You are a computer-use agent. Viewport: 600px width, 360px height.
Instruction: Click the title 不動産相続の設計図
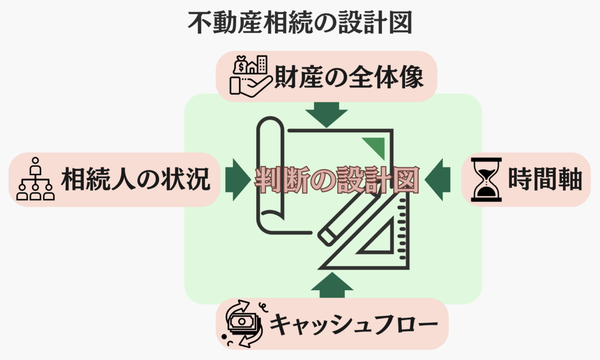click(300, 23)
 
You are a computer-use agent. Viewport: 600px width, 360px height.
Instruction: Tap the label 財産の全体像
click(348, 77)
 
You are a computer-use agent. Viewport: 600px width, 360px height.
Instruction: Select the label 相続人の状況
click(135, 180)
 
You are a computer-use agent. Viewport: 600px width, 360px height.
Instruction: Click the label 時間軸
click(544, 179)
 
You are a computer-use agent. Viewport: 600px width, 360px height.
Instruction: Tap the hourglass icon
click(486, 179)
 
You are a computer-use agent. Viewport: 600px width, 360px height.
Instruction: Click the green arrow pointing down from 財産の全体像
click(326, 114)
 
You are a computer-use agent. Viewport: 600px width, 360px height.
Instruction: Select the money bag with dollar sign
click(241, 65)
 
